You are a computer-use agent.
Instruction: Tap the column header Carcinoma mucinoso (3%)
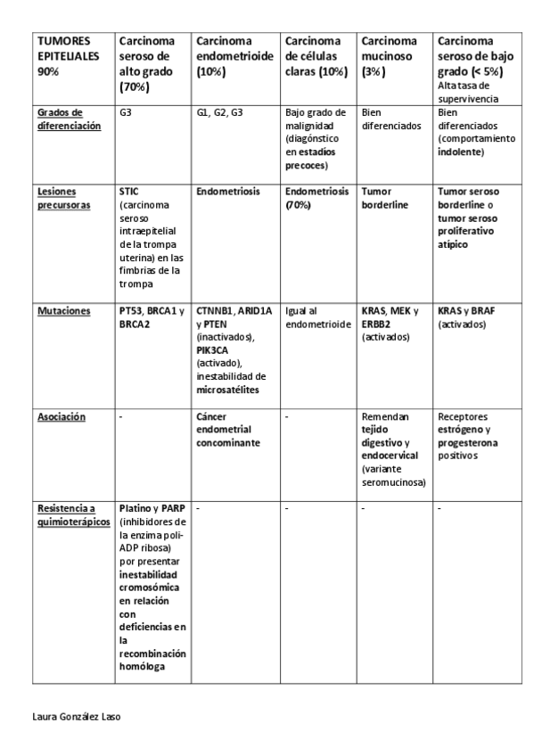tap(389, 56)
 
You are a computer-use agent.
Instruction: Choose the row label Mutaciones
tap(63, 312)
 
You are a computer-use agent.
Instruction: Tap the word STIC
tap(129, 192)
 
